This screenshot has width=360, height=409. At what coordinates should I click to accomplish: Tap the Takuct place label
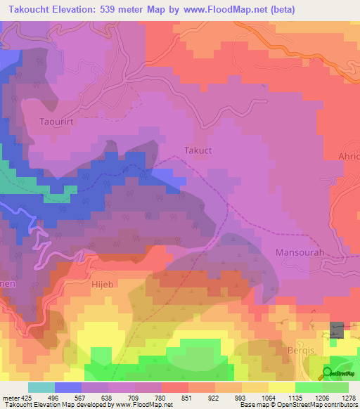198,150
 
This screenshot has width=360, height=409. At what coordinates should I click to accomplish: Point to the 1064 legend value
268,398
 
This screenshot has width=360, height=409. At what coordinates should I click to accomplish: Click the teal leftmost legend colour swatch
41,387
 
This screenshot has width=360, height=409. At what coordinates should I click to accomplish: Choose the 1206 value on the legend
321,398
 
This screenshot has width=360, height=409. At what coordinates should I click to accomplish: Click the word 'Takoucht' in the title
27,9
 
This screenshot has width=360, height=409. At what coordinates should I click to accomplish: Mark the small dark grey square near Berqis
338,329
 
